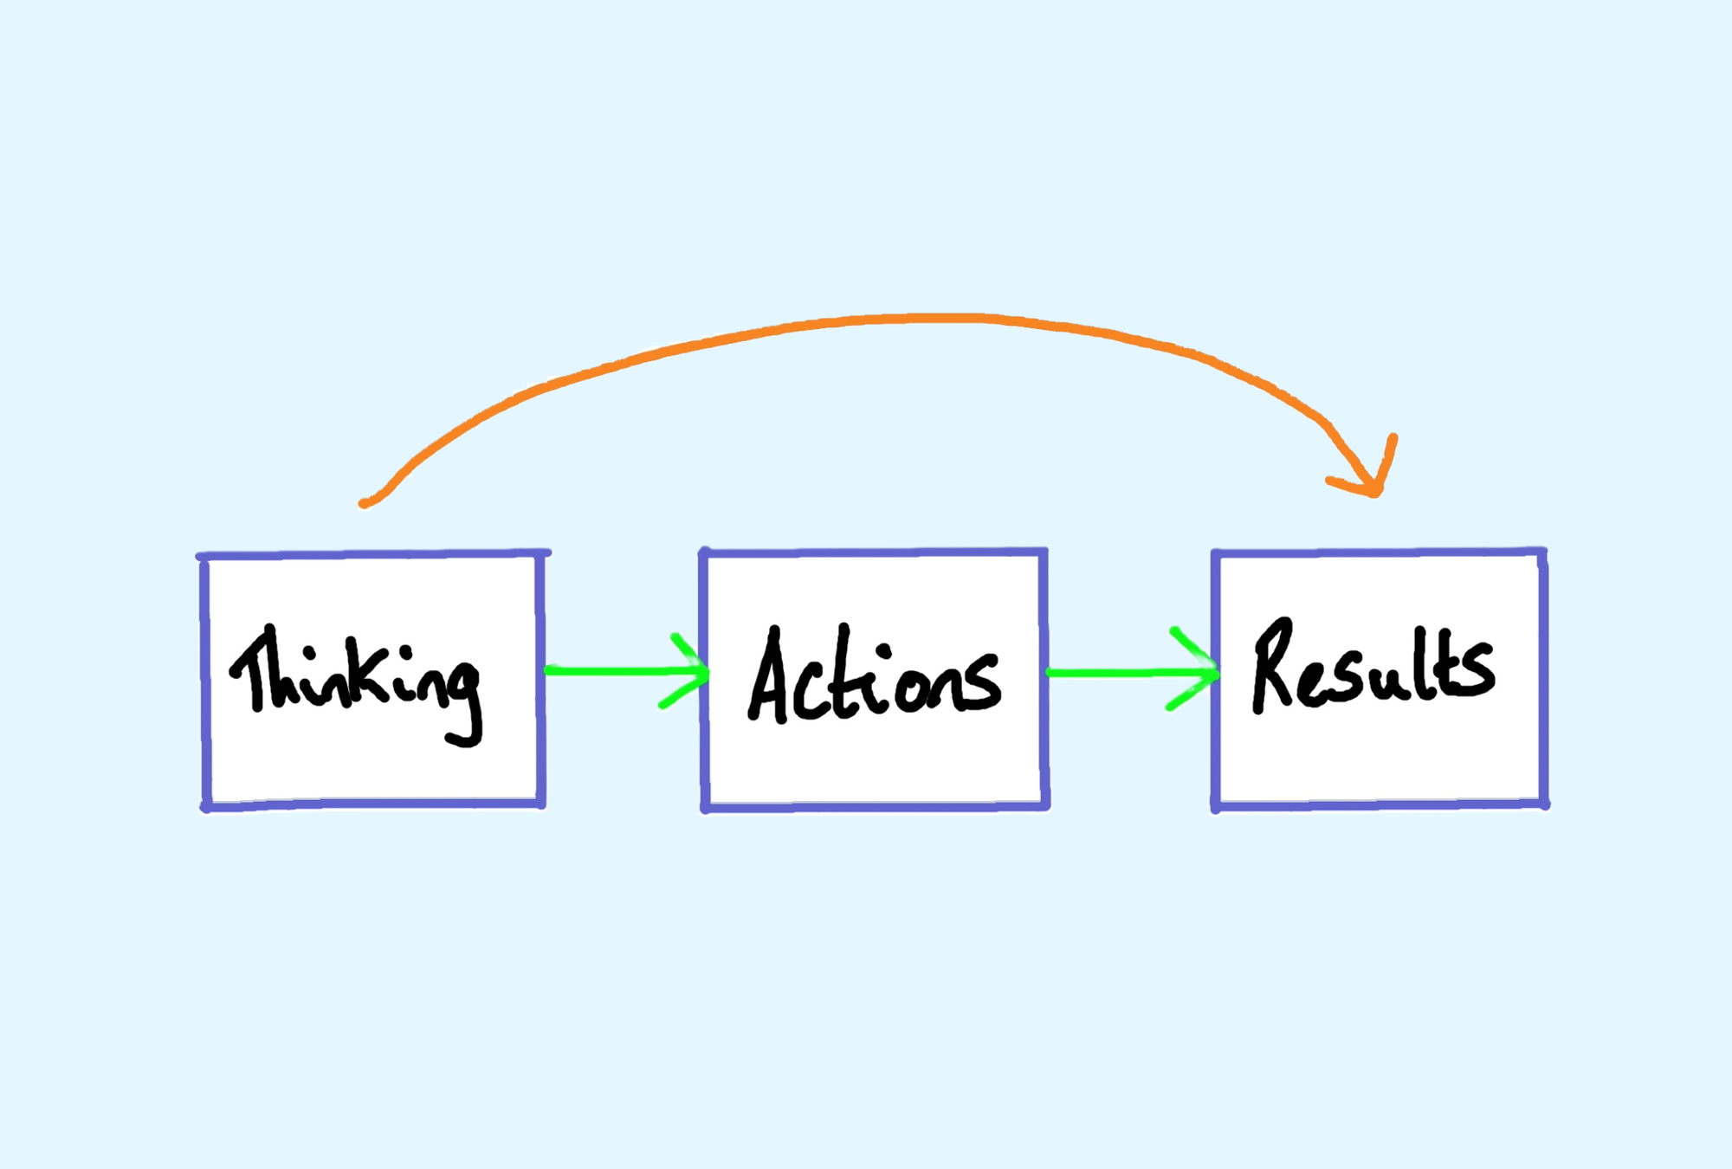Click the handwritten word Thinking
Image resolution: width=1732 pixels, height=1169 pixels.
point(355,684)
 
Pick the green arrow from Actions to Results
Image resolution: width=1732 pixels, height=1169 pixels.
point(1133,672)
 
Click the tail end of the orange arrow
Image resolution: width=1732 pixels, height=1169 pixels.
point(362,504)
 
